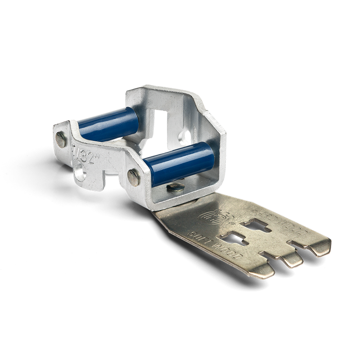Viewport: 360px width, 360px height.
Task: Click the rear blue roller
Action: pyautogui.click(x=108, y=124)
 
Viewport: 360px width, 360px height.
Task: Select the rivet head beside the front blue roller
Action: pyautogui.click(x=133, y=176)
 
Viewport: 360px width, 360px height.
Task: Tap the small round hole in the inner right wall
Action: pyautogui.click(x=184, y=135)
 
